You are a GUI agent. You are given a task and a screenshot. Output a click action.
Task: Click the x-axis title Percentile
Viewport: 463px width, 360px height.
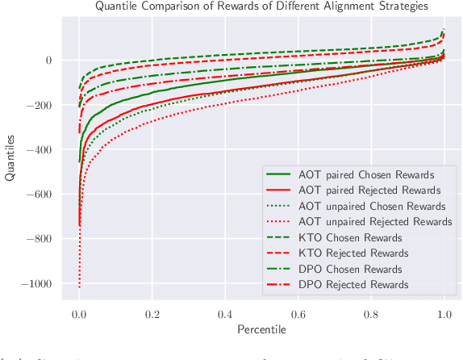(261, 330)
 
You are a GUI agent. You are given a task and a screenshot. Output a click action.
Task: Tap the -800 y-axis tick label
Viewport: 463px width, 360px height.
(40, 239)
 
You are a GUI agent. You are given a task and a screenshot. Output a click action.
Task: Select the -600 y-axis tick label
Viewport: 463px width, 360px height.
(40, 195)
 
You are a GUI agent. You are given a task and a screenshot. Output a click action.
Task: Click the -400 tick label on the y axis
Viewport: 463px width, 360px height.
(40, 150)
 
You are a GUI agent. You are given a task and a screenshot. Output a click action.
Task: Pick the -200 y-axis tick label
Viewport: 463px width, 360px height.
(40, 105)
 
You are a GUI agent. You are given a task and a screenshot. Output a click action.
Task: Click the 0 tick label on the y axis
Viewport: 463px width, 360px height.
(48, 61)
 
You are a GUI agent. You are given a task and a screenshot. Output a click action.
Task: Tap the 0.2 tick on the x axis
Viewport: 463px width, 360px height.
(152, 314)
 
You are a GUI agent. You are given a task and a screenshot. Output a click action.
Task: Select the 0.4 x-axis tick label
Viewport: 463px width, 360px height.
(225, 314)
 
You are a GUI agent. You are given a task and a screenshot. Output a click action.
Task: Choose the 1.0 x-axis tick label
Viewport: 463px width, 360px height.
(444, 314)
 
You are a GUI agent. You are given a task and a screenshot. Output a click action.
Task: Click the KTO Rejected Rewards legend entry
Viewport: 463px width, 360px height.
(354, 253)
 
